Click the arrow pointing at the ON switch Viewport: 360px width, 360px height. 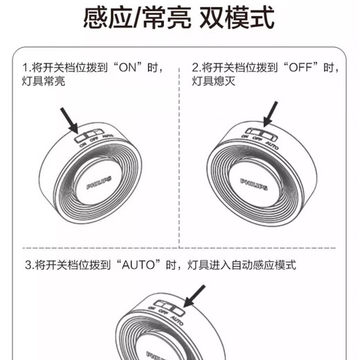69,120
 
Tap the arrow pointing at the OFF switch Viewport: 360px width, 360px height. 271,114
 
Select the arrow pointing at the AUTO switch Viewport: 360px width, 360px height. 194,296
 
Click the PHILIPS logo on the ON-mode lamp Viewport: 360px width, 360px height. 99,183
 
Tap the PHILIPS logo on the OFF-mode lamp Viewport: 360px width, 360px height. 254,184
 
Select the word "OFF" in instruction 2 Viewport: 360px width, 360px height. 300,67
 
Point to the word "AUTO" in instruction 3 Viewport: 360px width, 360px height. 138,264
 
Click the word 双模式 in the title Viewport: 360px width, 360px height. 237,17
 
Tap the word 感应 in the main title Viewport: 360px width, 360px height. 108,17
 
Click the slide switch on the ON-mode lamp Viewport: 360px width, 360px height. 89,135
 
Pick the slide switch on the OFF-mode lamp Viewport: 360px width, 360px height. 261,134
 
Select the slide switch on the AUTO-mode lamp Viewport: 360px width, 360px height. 170,307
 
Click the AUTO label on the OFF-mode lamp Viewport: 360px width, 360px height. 272,145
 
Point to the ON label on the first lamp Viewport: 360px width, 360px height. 82,145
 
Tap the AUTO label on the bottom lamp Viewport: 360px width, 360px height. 177,321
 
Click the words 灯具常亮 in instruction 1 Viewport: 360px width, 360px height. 44,81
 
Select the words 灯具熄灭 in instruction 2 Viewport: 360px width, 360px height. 214,81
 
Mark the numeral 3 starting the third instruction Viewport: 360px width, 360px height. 28,265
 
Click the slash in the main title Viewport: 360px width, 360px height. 138,18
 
